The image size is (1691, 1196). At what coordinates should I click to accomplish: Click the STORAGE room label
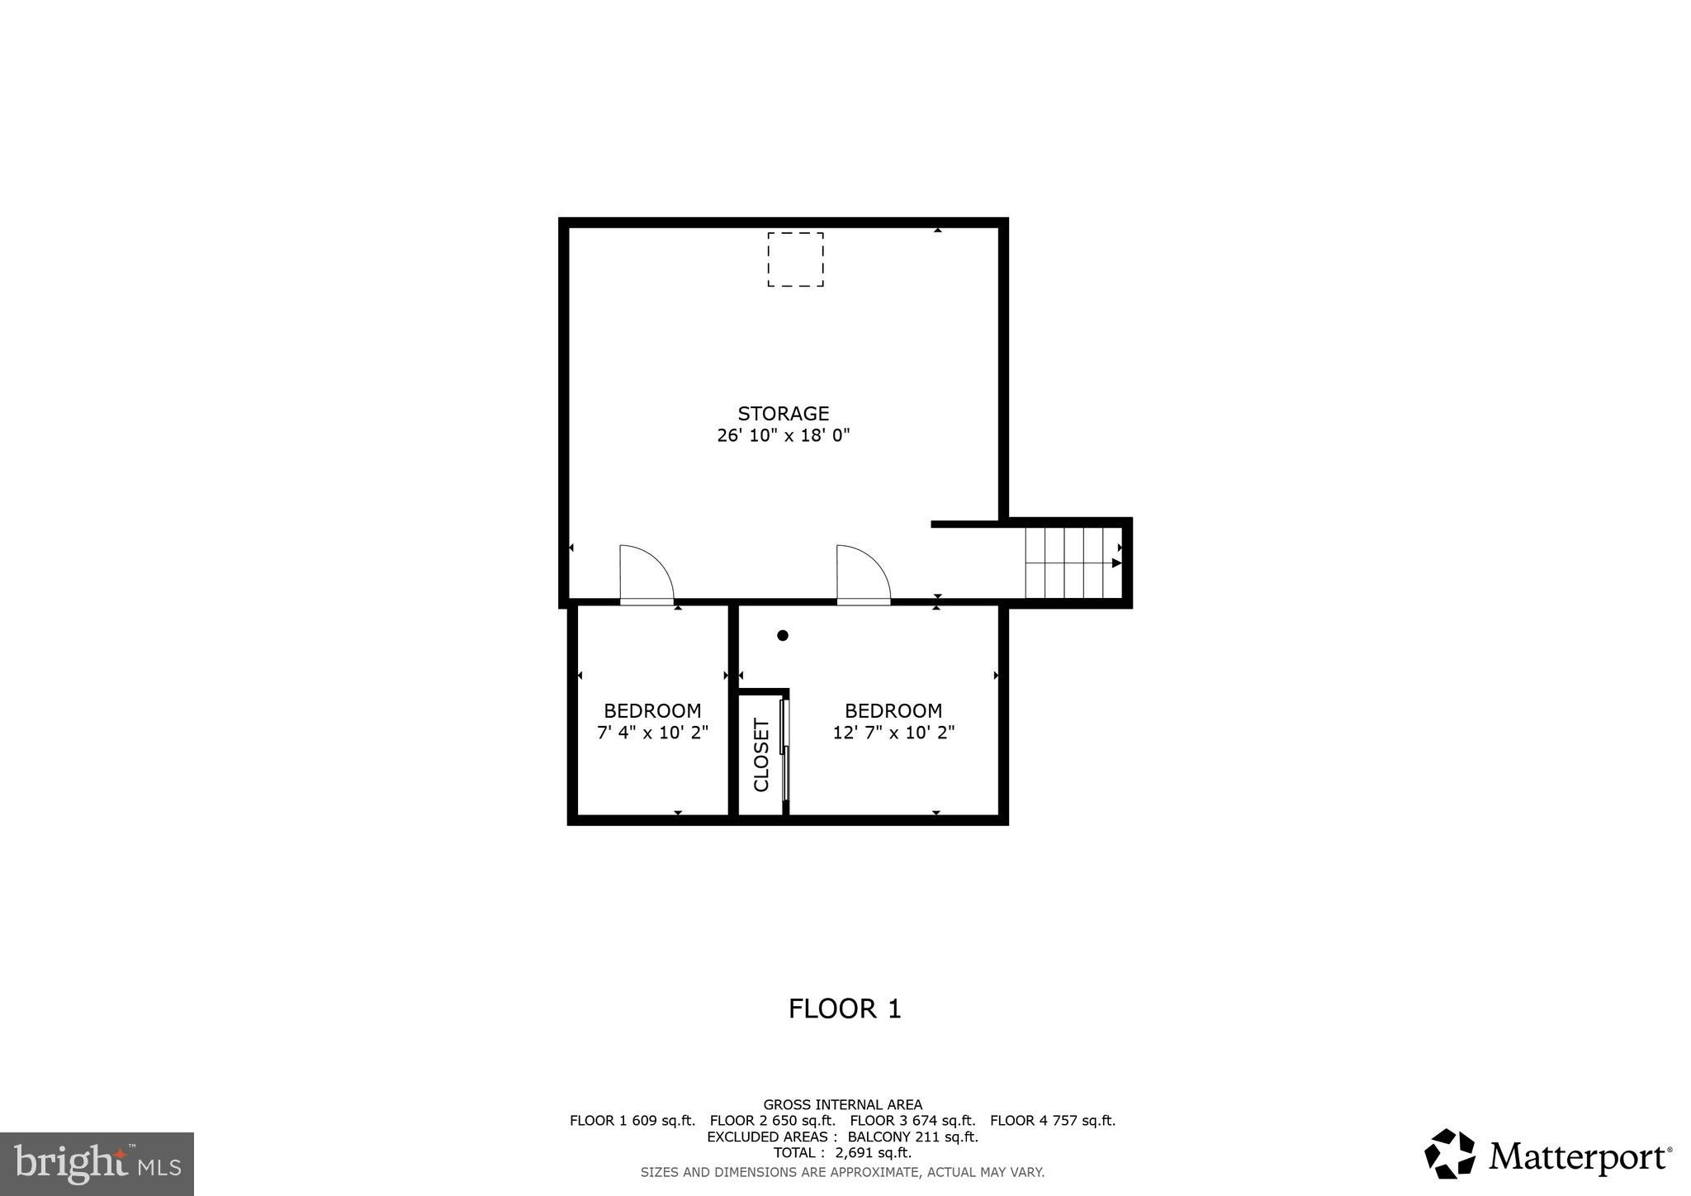pos(783,413)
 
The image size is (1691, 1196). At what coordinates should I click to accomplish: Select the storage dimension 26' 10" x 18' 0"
pos(783,435)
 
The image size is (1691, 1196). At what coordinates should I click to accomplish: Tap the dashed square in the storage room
pos(795,259)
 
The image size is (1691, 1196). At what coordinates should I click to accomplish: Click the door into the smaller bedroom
pos(646,573)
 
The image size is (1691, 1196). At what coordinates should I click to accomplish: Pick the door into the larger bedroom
pos(863,573)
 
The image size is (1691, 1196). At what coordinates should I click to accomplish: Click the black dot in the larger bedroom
pos(783,635)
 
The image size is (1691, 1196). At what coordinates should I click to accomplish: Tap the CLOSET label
pos(761,754)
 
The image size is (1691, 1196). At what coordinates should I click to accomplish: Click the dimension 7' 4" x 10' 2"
pos(652,733)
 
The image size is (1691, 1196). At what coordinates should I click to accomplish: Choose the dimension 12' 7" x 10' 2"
pos(893,733)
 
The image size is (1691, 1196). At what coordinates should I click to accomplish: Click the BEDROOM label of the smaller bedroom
pos(652,710)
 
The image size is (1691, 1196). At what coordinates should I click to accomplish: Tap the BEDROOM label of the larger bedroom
pos(893,710)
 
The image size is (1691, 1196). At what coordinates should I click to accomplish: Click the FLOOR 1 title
pos(845,1009)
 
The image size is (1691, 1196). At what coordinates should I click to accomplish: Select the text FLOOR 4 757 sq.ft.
pos(1052,1121)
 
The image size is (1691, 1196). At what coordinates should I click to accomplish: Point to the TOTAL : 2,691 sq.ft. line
pos(842,1153)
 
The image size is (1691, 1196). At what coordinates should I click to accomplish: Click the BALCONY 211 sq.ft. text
pos(912,1137)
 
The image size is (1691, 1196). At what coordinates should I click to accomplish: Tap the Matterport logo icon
pos(1450,1154)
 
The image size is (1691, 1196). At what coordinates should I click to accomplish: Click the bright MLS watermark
pos(97,1164)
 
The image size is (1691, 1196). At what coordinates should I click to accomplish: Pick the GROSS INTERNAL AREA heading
pos(842,1104)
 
